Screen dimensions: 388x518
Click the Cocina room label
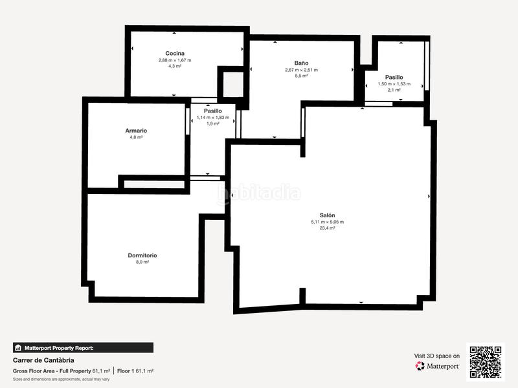[x=175, y=53]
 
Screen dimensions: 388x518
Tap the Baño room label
[x=301, y=63]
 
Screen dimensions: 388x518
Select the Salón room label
[x=327, y=215]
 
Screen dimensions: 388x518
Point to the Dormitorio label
[x=142, y=255]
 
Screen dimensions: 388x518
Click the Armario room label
[x=136, y=131]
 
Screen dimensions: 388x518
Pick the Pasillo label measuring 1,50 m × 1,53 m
[x=394, y=77]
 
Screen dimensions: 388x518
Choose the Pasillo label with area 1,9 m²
[x=213, y=111]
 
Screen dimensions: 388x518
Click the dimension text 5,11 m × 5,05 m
[x=327, y=222]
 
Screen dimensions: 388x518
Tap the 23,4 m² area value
[x=327, y=228]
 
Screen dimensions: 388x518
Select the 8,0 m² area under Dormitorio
[x=142, y=262]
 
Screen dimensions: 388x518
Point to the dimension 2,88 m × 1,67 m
[x=175, y=60]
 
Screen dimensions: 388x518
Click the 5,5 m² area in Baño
[x=301, y=76]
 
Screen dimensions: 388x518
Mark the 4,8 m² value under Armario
[x=136, y=137]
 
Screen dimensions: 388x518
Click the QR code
[x=486, y=361]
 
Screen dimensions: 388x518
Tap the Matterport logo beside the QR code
[x=438, y=366]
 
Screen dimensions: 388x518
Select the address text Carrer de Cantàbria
[x=43, y=360]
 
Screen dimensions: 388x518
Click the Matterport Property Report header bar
[x=83, y=347]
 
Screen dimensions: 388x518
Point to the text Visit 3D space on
[x=437, y=356]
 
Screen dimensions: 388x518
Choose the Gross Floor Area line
[x=83, y=371]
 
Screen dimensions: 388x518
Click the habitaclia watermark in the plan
[x=259, y=193]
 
